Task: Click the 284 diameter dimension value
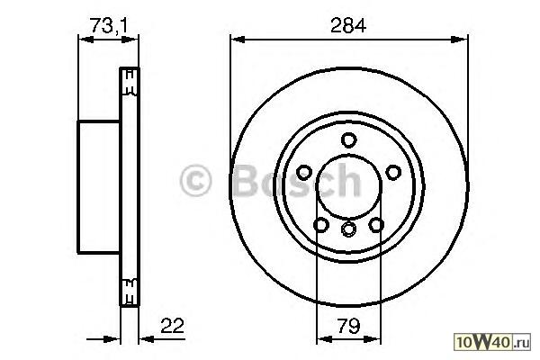point(347,25)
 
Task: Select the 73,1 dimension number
point(109,26)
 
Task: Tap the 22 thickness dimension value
point(173,326)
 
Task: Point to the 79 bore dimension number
point(348,326)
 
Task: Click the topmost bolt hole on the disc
point(348,139)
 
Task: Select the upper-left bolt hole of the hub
point(304,172)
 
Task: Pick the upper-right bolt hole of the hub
point(393,172)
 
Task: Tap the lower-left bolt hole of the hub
point(321,225)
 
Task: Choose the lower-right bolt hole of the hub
point(376,225)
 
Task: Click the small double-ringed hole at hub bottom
point(348,229)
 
